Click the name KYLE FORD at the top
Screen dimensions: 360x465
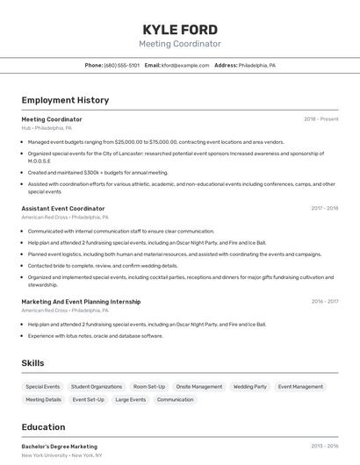coord(180,29)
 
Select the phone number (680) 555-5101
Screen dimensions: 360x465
coord(121,66)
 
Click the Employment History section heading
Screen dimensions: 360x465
coord(65,100)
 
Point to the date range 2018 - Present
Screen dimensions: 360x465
coord(320,118)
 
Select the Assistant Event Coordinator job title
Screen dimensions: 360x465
coord(62,208)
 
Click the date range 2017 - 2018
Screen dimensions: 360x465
coord(324,208)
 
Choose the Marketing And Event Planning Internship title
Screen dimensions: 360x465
coord(81,302)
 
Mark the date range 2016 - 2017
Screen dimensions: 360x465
coord(324,302)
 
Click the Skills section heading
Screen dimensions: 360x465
coord(32,363)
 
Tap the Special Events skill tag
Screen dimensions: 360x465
coord(42,386)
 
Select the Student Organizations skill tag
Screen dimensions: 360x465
coord(97,386)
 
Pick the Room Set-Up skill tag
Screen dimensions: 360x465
coord(149,386)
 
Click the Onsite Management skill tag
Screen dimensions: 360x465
coord(199,386)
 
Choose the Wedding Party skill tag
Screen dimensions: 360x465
coord(250,386)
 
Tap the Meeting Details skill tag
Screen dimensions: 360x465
coord(44,399)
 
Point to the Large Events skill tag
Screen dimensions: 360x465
coord(131,399)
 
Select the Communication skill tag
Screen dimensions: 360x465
coord(176,399)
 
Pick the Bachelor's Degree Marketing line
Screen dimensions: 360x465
coord(59,447)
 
